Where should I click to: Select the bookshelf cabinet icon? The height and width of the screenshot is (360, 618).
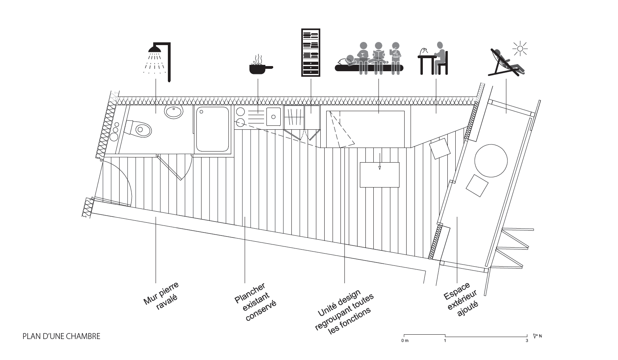pos(311,52)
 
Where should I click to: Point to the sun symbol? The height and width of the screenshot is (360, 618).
pos(520,49)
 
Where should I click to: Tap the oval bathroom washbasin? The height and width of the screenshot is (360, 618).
pos(174,112)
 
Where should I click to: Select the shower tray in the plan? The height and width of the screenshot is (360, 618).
pos(213,129)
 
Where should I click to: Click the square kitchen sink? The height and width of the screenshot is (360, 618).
pos(274,117)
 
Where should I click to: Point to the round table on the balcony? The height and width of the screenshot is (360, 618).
pos(491,161)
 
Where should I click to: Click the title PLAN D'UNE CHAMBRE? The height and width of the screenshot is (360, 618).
pos(61,336)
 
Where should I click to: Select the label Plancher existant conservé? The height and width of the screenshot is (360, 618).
pos(255,302)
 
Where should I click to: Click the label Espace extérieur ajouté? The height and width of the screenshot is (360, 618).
pos(461,299)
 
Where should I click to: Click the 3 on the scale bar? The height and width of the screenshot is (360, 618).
pos(527,341)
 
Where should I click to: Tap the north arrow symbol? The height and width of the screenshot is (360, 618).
pos(535,336)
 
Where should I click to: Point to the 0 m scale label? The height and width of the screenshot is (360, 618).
pos(405,341)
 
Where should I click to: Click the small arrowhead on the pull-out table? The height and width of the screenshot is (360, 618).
pos(380,167)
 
